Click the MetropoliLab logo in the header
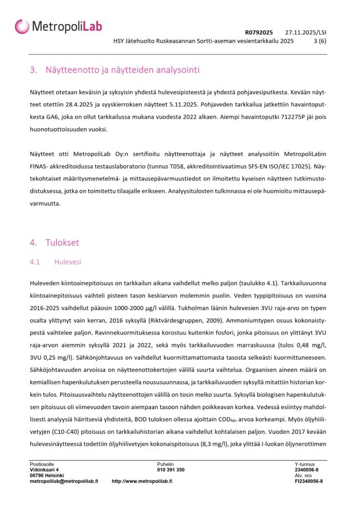(58, 26)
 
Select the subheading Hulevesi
(67, 262)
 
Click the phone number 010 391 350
(170, 469)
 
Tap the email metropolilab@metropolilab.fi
(64, 482)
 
